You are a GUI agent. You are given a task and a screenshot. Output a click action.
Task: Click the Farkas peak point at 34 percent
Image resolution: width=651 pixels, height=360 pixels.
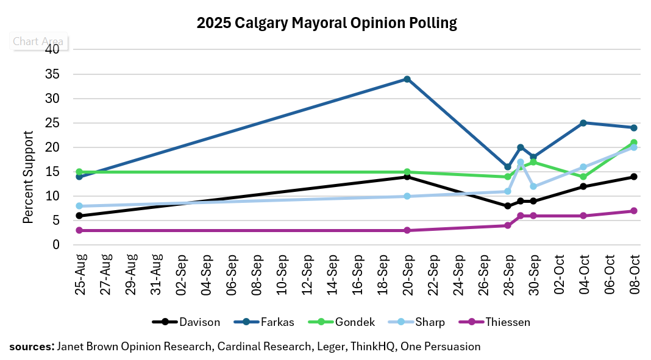coord(407,79)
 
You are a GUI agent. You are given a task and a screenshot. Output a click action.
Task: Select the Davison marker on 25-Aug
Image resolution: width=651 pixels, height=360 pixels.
coord(79,216)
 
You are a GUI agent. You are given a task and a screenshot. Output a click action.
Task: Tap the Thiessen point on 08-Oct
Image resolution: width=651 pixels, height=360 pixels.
coord(634,211)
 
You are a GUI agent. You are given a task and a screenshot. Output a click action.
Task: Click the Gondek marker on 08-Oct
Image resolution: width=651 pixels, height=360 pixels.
coord(634,143)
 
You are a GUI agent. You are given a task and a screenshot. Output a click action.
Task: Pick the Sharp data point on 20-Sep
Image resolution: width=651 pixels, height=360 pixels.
coord(407,196)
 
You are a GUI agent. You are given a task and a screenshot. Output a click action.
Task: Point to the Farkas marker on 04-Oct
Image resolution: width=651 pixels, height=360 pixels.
coord(583,123)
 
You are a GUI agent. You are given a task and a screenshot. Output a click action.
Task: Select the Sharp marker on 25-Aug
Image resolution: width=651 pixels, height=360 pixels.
coord(79,206)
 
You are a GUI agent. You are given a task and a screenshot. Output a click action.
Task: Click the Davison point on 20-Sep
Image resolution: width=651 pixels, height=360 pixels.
coord(407,177)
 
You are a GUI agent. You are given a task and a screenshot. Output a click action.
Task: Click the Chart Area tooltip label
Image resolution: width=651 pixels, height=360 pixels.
coord(38,41)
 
